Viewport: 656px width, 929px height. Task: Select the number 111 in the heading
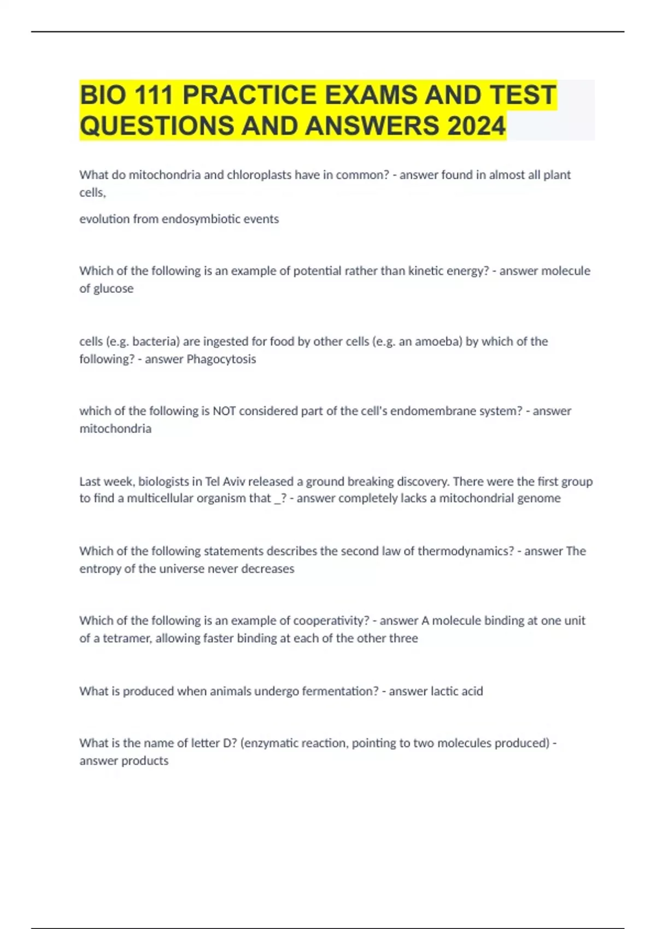point(154,95)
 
